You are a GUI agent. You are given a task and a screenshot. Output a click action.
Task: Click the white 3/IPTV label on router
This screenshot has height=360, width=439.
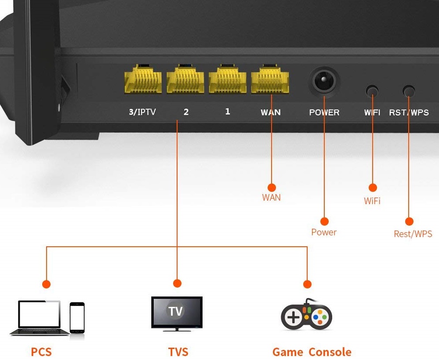142,112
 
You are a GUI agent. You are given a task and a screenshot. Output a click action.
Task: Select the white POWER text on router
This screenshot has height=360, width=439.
324,112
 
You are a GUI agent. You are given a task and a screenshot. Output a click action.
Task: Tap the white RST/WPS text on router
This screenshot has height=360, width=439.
409,112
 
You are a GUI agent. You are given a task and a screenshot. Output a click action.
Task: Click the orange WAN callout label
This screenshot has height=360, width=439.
271,198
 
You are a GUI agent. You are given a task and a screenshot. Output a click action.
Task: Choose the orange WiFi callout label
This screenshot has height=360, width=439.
372,201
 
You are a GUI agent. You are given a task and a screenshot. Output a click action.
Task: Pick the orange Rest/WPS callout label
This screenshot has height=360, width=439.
413,234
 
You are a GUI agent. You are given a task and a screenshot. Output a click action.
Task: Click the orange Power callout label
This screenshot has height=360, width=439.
324,232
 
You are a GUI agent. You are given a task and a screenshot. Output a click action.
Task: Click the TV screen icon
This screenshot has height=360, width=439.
177,313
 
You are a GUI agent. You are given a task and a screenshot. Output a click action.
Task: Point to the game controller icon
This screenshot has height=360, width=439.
306,315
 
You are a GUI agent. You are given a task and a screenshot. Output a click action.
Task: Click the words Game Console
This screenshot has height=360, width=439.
312,352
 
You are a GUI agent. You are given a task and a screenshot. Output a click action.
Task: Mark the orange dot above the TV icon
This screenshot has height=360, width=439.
177,283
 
